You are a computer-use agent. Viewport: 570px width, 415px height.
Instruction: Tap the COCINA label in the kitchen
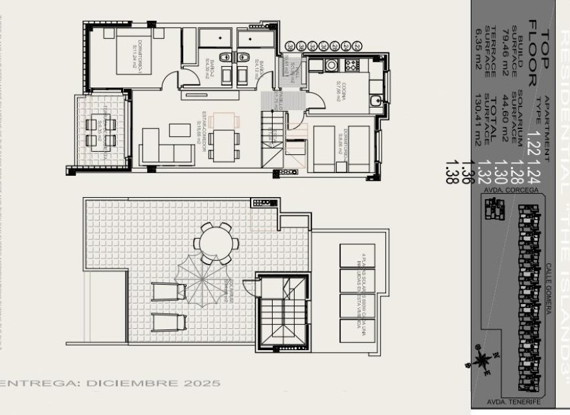[339, 89]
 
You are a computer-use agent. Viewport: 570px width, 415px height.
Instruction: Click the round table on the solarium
[216, 242]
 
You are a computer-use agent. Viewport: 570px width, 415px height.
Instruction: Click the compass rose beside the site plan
[483, 361]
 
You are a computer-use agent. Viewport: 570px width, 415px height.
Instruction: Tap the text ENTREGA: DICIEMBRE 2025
[110, 383]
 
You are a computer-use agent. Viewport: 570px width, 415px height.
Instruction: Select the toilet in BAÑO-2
[224, 58]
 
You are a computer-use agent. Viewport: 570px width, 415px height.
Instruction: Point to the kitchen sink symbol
[375, 101]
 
